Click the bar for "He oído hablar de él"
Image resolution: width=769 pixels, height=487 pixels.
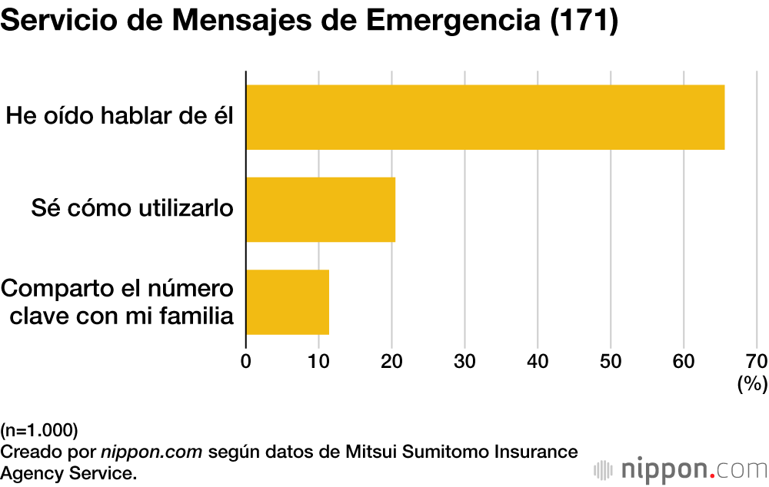[x=484, y=117]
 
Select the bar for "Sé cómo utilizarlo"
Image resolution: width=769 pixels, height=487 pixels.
[x=321, y=210]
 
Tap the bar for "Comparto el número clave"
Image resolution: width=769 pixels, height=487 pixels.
[x=288, y=302]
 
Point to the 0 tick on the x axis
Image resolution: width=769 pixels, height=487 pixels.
[x=246, y=361]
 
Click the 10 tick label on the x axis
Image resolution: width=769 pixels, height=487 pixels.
[x=318, y=361]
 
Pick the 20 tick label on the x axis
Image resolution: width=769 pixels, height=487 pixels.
[x=391, y=361]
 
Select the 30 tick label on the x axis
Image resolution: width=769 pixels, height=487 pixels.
[x=464, y=361]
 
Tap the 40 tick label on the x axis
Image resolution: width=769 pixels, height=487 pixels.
[x=538, y=361]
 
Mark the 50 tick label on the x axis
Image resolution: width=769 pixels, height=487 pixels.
[x=611, y=361]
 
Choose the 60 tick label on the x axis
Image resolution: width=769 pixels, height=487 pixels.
[x=684, y=361]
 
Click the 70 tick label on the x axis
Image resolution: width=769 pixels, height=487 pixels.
[x=756, y=361]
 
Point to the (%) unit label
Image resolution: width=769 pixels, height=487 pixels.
[x=752, y=384]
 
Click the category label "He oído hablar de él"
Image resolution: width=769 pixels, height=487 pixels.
[x=119, y=117]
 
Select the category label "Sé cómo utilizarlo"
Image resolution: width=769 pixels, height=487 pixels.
[x=132, y=208]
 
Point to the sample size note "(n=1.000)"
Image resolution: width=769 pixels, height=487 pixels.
[x=39, y=429]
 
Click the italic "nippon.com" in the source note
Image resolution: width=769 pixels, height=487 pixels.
[x=151, y=450]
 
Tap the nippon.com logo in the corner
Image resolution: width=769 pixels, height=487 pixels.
[x=680, y=469]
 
